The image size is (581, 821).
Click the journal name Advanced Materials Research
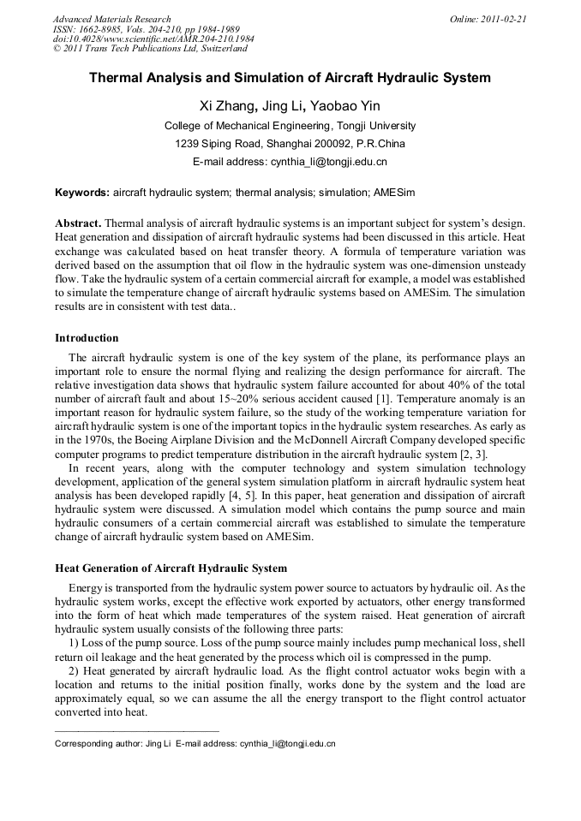(111, 19)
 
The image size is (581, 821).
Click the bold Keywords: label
(82, 193)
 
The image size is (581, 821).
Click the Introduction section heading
(87, 338)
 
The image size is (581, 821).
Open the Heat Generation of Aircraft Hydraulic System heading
(171, 568)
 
